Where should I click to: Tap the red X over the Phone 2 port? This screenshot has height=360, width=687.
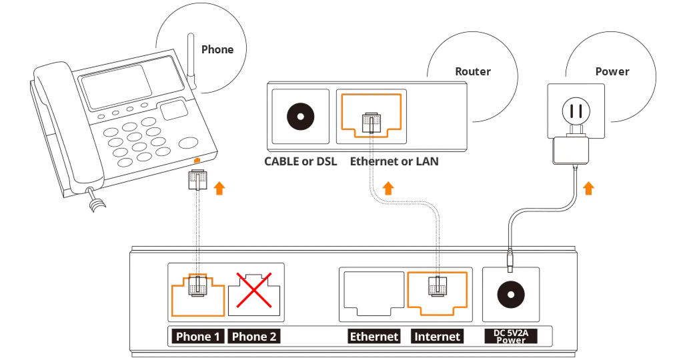(255, 290)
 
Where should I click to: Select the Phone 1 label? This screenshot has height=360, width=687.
(197, 337)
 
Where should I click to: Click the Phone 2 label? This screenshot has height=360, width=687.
(254, 337)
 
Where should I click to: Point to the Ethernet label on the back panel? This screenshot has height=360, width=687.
(374, 337)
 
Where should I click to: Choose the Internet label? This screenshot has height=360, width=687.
(438, 337)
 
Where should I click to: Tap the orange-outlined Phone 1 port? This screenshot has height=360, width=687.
(199, 292)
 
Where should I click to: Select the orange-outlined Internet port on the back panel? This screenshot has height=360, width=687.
(437, 291)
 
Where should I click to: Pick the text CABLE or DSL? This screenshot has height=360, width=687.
(301, 162)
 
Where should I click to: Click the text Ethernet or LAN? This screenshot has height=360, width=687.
(396, 162)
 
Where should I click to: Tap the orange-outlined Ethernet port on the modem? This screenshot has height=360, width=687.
(372, 114)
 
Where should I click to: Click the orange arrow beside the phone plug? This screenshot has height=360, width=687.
(219, 188)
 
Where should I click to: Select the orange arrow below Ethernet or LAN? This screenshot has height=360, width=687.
(386, 188)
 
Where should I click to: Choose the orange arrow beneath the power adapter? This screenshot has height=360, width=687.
(588, 188)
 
